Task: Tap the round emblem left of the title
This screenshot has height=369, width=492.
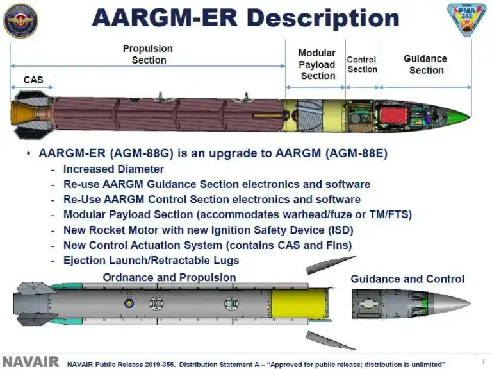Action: click(20, 20)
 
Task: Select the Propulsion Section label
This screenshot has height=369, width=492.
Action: click(149, 54)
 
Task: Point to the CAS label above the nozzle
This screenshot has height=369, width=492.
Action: click(33, 80)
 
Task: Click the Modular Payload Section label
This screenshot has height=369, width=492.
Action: click(317, 64)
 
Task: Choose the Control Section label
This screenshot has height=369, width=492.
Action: click(362, 64)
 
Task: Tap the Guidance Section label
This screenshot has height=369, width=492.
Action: click(425, 64)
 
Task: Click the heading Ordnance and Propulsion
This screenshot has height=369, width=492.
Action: click(169, 277)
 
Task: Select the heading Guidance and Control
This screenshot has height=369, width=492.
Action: click(407, 279)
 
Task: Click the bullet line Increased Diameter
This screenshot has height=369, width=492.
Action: click(113, 169)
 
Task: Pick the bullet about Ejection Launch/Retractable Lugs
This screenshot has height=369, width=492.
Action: click(151, 260)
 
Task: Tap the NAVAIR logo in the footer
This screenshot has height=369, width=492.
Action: click(30, 362)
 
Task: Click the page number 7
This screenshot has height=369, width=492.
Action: click(482, 361)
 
